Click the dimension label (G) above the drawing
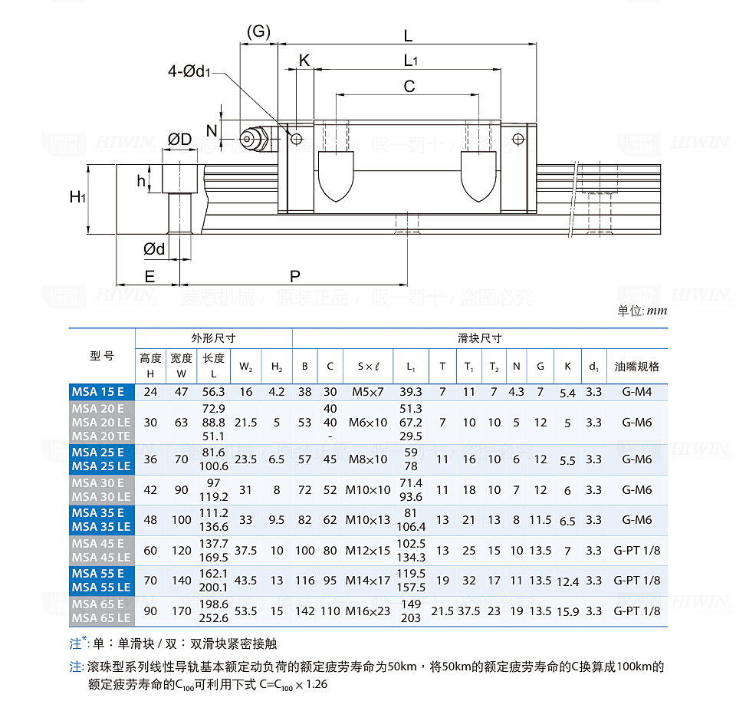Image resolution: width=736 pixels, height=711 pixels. (x=259, y=31)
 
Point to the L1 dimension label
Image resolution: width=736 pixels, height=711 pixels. (x=410, y=61)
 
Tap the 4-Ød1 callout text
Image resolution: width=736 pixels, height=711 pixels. (x=189, y=71)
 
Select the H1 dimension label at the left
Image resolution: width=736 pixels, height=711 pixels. (x=77, y=197)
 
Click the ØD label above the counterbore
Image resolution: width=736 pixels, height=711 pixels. (x=180, y=140)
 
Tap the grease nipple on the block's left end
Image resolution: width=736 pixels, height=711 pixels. (x=251, y=139)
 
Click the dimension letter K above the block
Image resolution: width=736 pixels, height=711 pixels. (x=304, y=61)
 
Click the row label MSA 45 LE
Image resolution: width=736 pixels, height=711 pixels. (x=102, y=557)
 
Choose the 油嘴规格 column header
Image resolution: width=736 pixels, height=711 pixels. (x=636, y=366)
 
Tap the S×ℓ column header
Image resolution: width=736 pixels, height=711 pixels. (x=368, y=366)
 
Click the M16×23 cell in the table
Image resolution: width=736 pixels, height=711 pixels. (x=368, y=611)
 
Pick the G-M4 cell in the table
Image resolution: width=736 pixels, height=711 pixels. (x=636, y=392)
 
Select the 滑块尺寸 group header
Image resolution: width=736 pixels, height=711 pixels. (x=479, y=338)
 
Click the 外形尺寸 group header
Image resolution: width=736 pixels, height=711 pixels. (x=213, y=338)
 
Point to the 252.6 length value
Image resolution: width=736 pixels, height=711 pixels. (x=213, y=617)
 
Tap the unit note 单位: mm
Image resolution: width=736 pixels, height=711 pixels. (x=642, y=311)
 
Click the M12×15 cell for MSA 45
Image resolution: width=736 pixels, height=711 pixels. (x=368, y=550)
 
